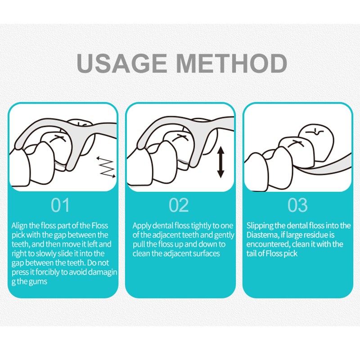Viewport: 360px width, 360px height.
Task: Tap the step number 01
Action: click(60, 205)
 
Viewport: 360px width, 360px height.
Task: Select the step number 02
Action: click(179, 205)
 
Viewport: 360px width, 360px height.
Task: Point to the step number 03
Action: click(297, 205)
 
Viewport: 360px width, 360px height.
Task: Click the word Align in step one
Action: click(19, 225)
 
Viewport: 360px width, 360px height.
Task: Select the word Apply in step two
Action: click(141, 225)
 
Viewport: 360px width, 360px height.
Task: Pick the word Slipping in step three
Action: click(260, 225)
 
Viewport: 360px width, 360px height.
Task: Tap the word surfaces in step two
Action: click(206, 253)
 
